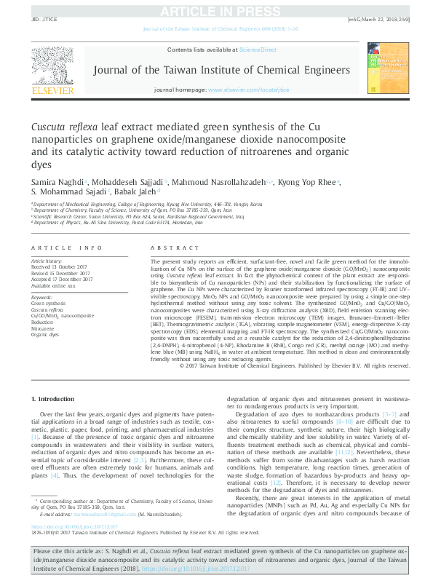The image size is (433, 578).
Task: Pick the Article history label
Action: click(x=47, y=260)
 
